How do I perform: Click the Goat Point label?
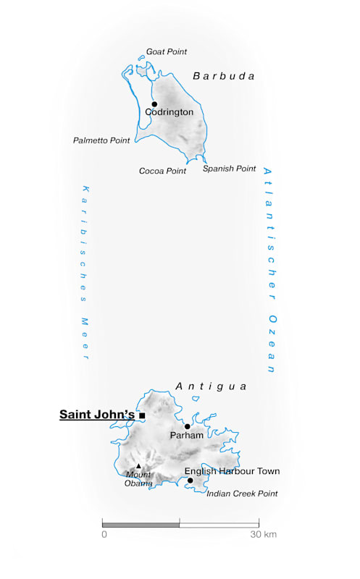click(167, 52)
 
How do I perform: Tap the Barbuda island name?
click(224, 76)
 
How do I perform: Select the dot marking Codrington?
click(154, 104)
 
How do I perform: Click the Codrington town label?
click(169, 113)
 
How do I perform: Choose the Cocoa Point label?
click(162, 171)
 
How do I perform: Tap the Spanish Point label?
click(229, 169)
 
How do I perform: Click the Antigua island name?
click(211, 386)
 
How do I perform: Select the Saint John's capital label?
click(97, 415)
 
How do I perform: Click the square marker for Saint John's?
click(143, 415)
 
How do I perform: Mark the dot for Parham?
click(187, 426)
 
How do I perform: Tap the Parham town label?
click(186, 436)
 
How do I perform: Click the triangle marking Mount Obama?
click(138, 466)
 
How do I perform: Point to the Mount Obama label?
click(138, 479)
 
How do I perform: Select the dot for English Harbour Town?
click(190, 481)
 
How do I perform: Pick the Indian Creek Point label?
click(242, 494)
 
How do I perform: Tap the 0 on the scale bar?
click(104, 535)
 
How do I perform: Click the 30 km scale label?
click(264, 535)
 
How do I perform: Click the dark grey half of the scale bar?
click(141, 523)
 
